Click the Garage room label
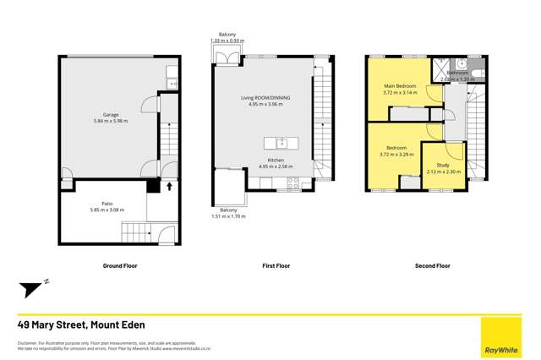111,114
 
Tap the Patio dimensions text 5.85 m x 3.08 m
107,210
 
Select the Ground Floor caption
120,265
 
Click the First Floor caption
276,265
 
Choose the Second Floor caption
432,265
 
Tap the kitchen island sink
281,142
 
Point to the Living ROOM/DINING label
265,98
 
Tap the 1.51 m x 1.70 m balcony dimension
228,216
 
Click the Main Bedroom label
400,86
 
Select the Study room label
443,165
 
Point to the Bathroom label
458,73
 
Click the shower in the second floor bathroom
440,68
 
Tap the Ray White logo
501,337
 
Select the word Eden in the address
131,325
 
